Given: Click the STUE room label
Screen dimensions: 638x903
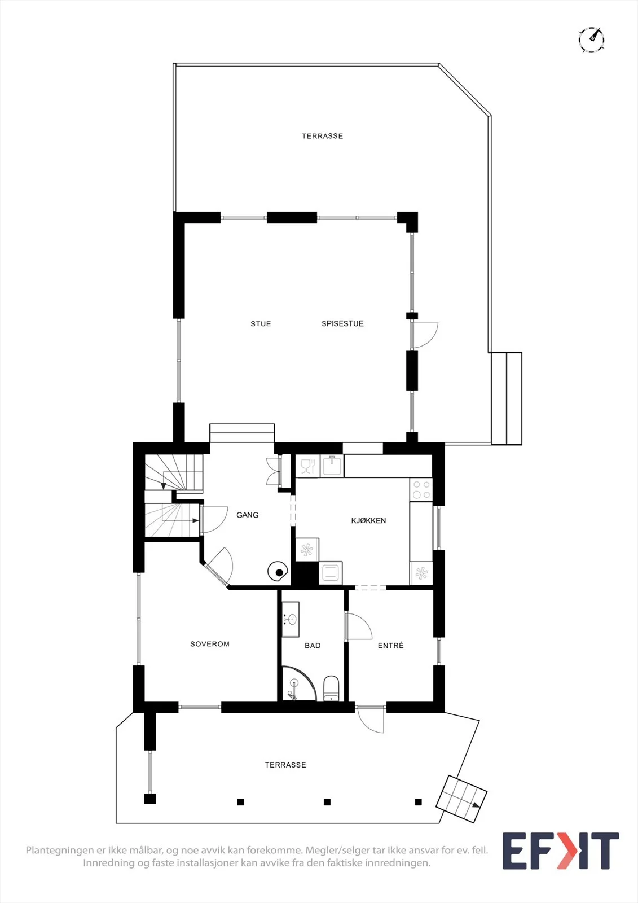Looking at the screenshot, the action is coord(261,324).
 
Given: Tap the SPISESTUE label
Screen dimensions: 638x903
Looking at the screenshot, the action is coord(342,323).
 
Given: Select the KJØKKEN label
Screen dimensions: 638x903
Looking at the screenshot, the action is coord(368,520).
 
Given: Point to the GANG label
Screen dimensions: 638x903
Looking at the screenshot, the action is coord(248,515).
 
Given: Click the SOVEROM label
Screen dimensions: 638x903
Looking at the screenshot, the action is coord(210,644).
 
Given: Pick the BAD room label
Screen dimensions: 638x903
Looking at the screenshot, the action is coord(313,646).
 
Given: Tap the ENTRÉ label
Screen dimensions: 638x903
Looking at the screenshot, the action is coord(390,646).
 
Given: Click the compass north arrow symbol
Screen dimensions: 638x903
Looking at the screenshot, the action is coord(592,40).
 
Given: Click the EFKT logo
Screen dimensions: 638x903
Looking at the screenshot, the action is coord(561,851).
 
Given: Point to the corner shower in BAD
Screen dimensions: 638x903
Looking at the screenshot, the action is coord(298,683).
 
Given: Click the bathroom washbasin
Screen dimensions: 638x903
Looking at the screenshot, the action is coord(290,619).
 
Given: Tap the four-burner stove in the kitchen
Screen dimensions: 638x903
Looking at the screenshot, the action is coord(421,489).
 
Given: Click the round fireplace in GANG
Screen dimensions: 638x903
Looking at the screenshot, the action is coord(278,572).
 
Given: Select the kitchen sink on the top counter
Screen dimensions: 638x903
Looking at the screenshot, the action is coord(332,466).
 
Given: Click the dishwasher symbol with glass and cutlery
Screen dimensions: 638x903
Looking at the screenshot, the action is coord(308,466).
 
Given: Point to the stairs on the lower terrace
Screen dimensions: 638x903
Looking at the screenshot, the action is coord(461,799).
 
